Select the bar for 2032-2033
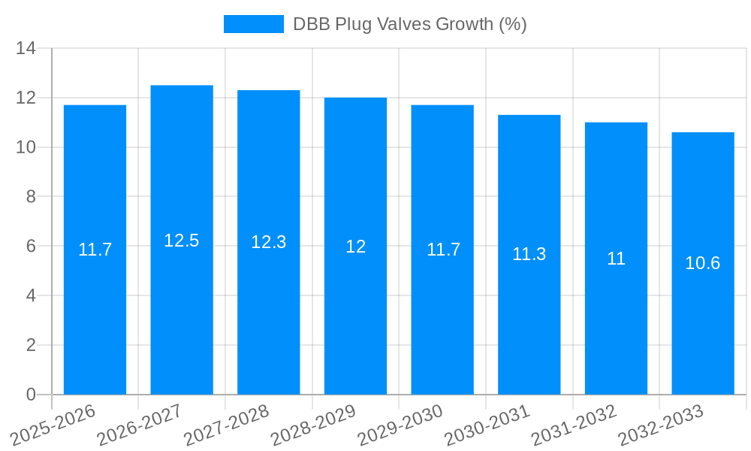click(x=703, y=323)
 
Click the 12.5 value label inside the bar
click(x=182, y=241)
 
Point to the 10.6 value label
click(x=703, y=263)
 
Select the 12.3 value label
click(x=269, y=242)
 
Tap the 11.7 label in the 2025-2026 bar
click(x=95, y=250)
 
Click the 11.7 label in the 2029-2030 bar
click(x=442, y=250)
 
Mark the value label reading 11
click(x=616, y=259)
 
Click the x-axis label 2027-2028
click(x=225, y=425)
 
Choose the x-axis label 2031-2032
click(x=574, y=425)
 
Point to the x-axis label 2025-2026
click(x=53, y=425)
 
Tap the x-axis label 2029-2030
click(x=400, y=425)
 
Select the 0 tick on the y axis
click(x=31, y=395)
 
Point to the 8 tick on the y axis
click(x=31, y=197)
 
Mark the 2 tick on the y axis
click(x=31, y=345)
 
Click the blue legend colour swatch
click(x=254, y=24)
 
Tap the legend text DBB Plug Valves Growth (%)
click(x=410, y=24)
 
